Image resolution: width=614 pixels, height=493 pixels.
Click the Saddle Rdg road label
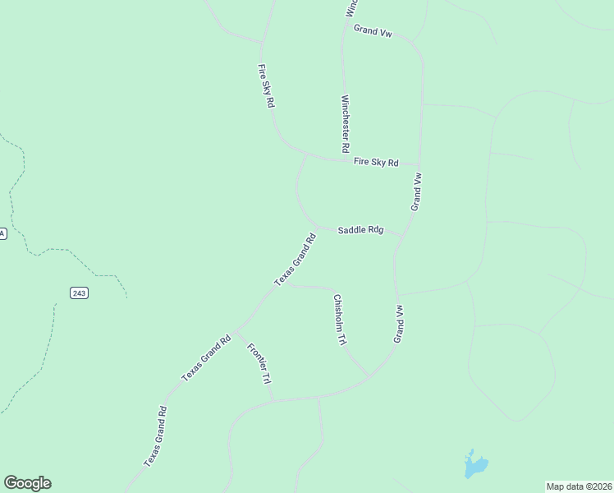(360, 231)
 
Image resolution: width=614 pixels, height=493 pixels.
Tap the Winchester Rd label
(346, 124)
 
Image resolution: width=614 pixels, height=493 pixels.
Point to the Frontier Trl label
(259, 364)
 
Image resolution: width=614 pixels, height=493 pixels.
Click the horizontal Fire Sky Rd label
(375, 163)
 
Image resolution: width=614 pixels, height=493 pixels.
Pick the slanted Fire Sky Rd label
(266, 87)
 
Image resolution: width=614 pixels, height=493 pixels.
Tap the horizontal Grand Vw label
(373, 30)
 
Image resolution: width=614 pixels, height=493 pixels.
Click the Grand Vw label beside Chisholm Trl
(399, 324)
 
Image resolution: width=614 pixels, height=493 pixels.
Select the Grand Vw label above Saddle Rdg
(417, 191)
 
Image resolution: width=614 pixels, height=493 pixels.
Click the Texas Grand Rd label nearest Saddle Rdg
(295, 260)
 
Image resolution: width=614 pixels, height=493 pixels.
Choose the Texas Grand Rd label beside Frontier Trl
(206, 357)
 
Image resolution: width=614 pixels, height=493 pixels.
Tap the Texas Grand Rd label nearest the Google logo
(155, 436)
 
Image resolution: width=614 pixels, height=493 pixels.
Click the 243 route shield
(79, 293)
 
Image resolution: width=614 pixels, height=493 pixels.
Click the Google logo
(27, 483)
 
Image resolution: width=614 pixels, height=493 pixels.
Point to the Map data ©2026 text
(579, 486)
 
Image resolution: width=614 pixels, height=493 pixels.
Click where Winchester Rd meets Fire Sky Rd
(341, 159)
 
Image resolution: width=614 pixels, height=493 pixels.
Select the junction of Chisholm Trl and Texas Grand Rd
(283, 284)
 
